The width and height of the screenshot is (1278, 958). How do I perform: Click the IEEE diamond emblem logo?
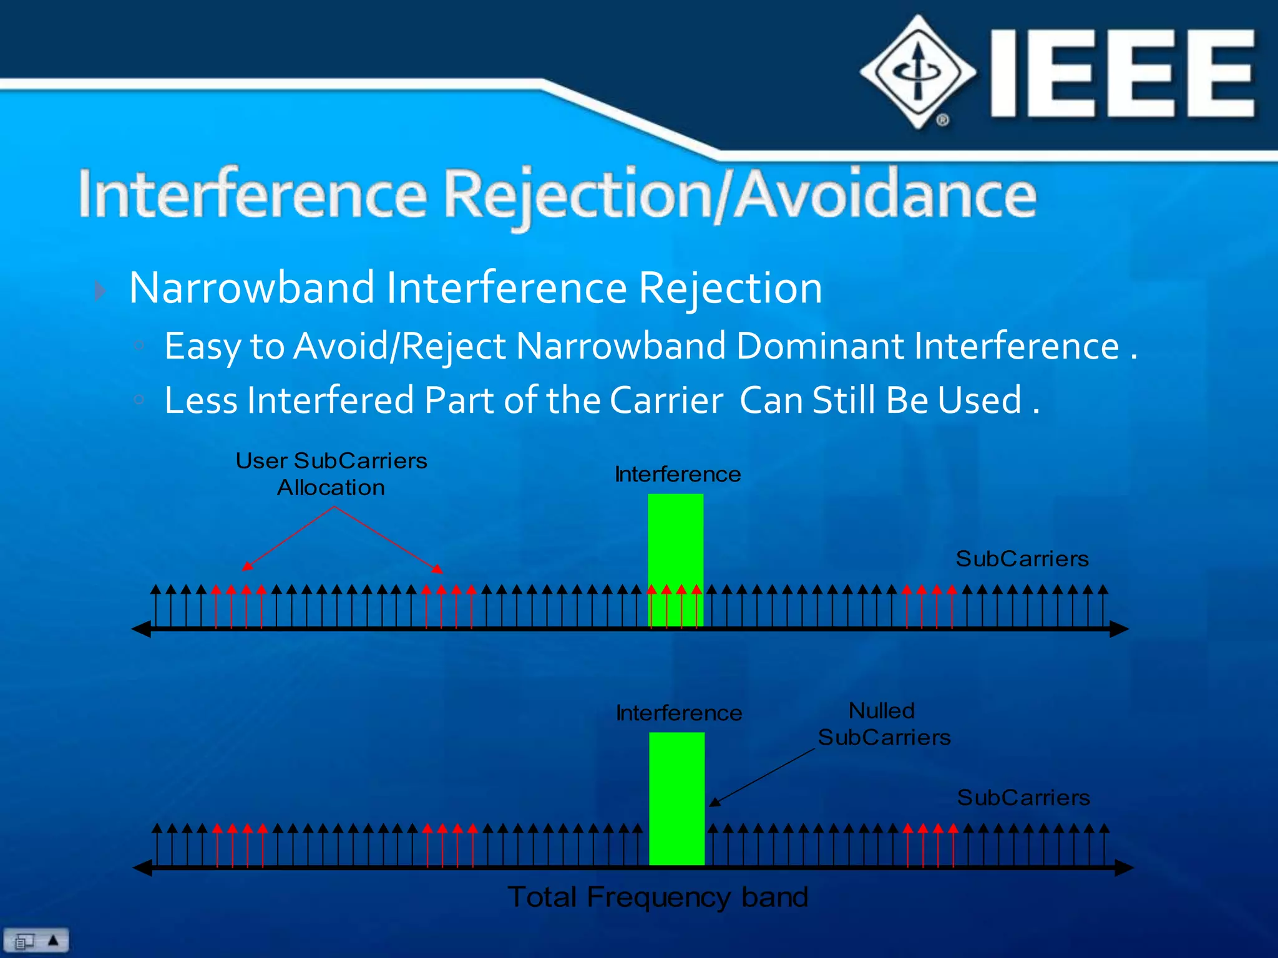[917, 72]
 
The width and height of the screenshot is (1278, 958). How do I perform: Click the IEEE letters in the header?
[1122, 74]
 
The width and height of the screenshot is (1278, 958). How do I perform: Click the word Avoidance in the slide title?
[885, 195]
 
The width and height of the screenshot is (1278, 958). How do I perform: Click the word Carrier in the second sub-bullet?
[666, 400]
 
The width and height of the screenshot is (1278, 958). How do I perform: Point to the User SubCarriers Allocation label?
[331, 474]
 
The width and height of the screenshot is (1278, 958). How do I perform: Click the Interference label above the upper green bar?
[678, 475]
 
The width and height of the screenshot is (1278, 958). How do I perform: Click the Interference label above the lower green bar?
[679, 714]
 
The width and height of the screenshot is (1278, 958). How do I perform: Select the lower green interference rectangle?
[676, 798]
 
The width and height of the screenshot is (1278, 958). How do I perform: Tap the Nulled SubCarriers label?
[884, 724]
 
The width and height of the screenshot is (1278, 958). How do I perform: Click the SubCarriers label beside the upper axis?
[1022, 559]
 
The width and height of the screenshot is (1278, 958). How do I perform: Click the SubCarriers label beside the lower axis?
[1023, 798]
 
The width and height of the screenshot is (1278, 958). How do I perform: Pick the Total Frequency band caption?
[658, 898]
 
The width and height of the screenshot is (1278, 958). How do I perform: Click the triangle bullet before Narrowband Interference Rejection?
[100, 291]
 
